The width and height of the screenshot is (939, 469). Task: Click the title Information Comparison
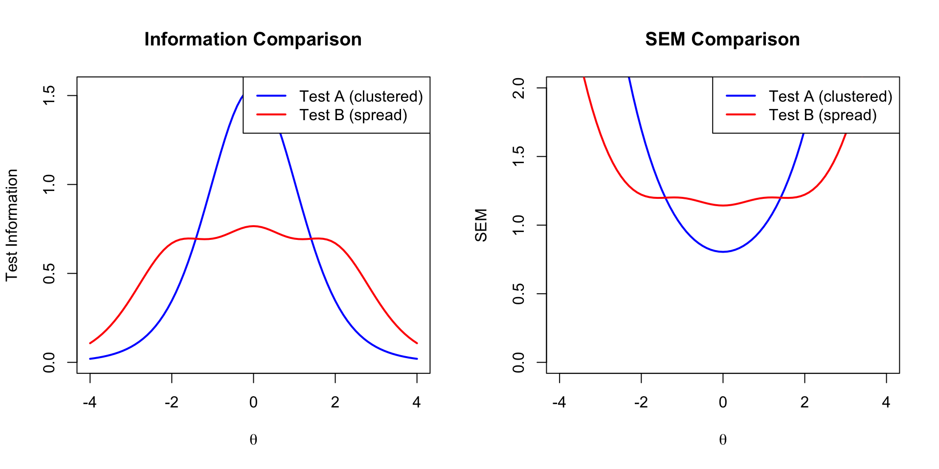253,39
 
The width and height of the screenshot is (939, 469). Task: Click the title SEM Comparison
722,39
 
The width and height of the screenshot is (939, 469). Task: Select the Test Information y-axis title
12,225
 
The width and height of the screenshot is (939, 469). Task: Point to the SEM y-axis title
481,225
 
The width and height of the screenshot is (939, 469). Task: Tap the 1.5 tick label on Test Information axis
49,95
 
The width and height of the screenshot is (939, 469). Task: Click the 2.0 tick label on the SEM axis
518,88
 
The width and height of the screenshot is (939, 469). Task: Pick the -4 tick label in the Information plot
89,403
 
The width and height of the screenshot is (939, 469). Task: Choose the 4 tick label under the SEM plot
886,403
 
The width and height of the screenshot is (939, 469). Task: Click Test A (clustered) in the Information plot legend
361,96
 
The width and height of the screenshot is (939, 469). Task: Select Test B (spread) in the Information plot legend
353,115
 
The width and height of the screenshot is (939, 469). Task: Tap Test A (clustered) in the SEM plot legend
830,96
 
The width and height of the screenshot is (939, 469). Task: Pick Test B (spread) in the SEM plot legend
823,115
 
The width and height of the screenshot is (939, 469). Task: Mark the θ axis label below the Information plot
253,440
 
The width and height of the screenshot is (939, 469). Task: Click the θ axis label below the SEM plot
723,440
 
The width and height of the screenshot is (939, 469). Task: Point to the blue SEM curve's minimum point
723,252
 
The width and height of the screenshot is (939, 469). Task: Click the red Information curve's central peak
253,226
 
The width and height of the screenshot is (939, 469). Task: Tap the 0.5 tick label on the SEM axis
518,294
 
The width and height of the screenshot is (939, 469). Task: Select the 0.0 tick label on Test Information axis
49,362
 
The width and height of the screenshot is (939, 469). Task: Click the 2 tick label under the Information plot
335,403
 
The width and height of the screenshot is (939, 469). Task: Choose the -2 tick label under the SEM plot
641,403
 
